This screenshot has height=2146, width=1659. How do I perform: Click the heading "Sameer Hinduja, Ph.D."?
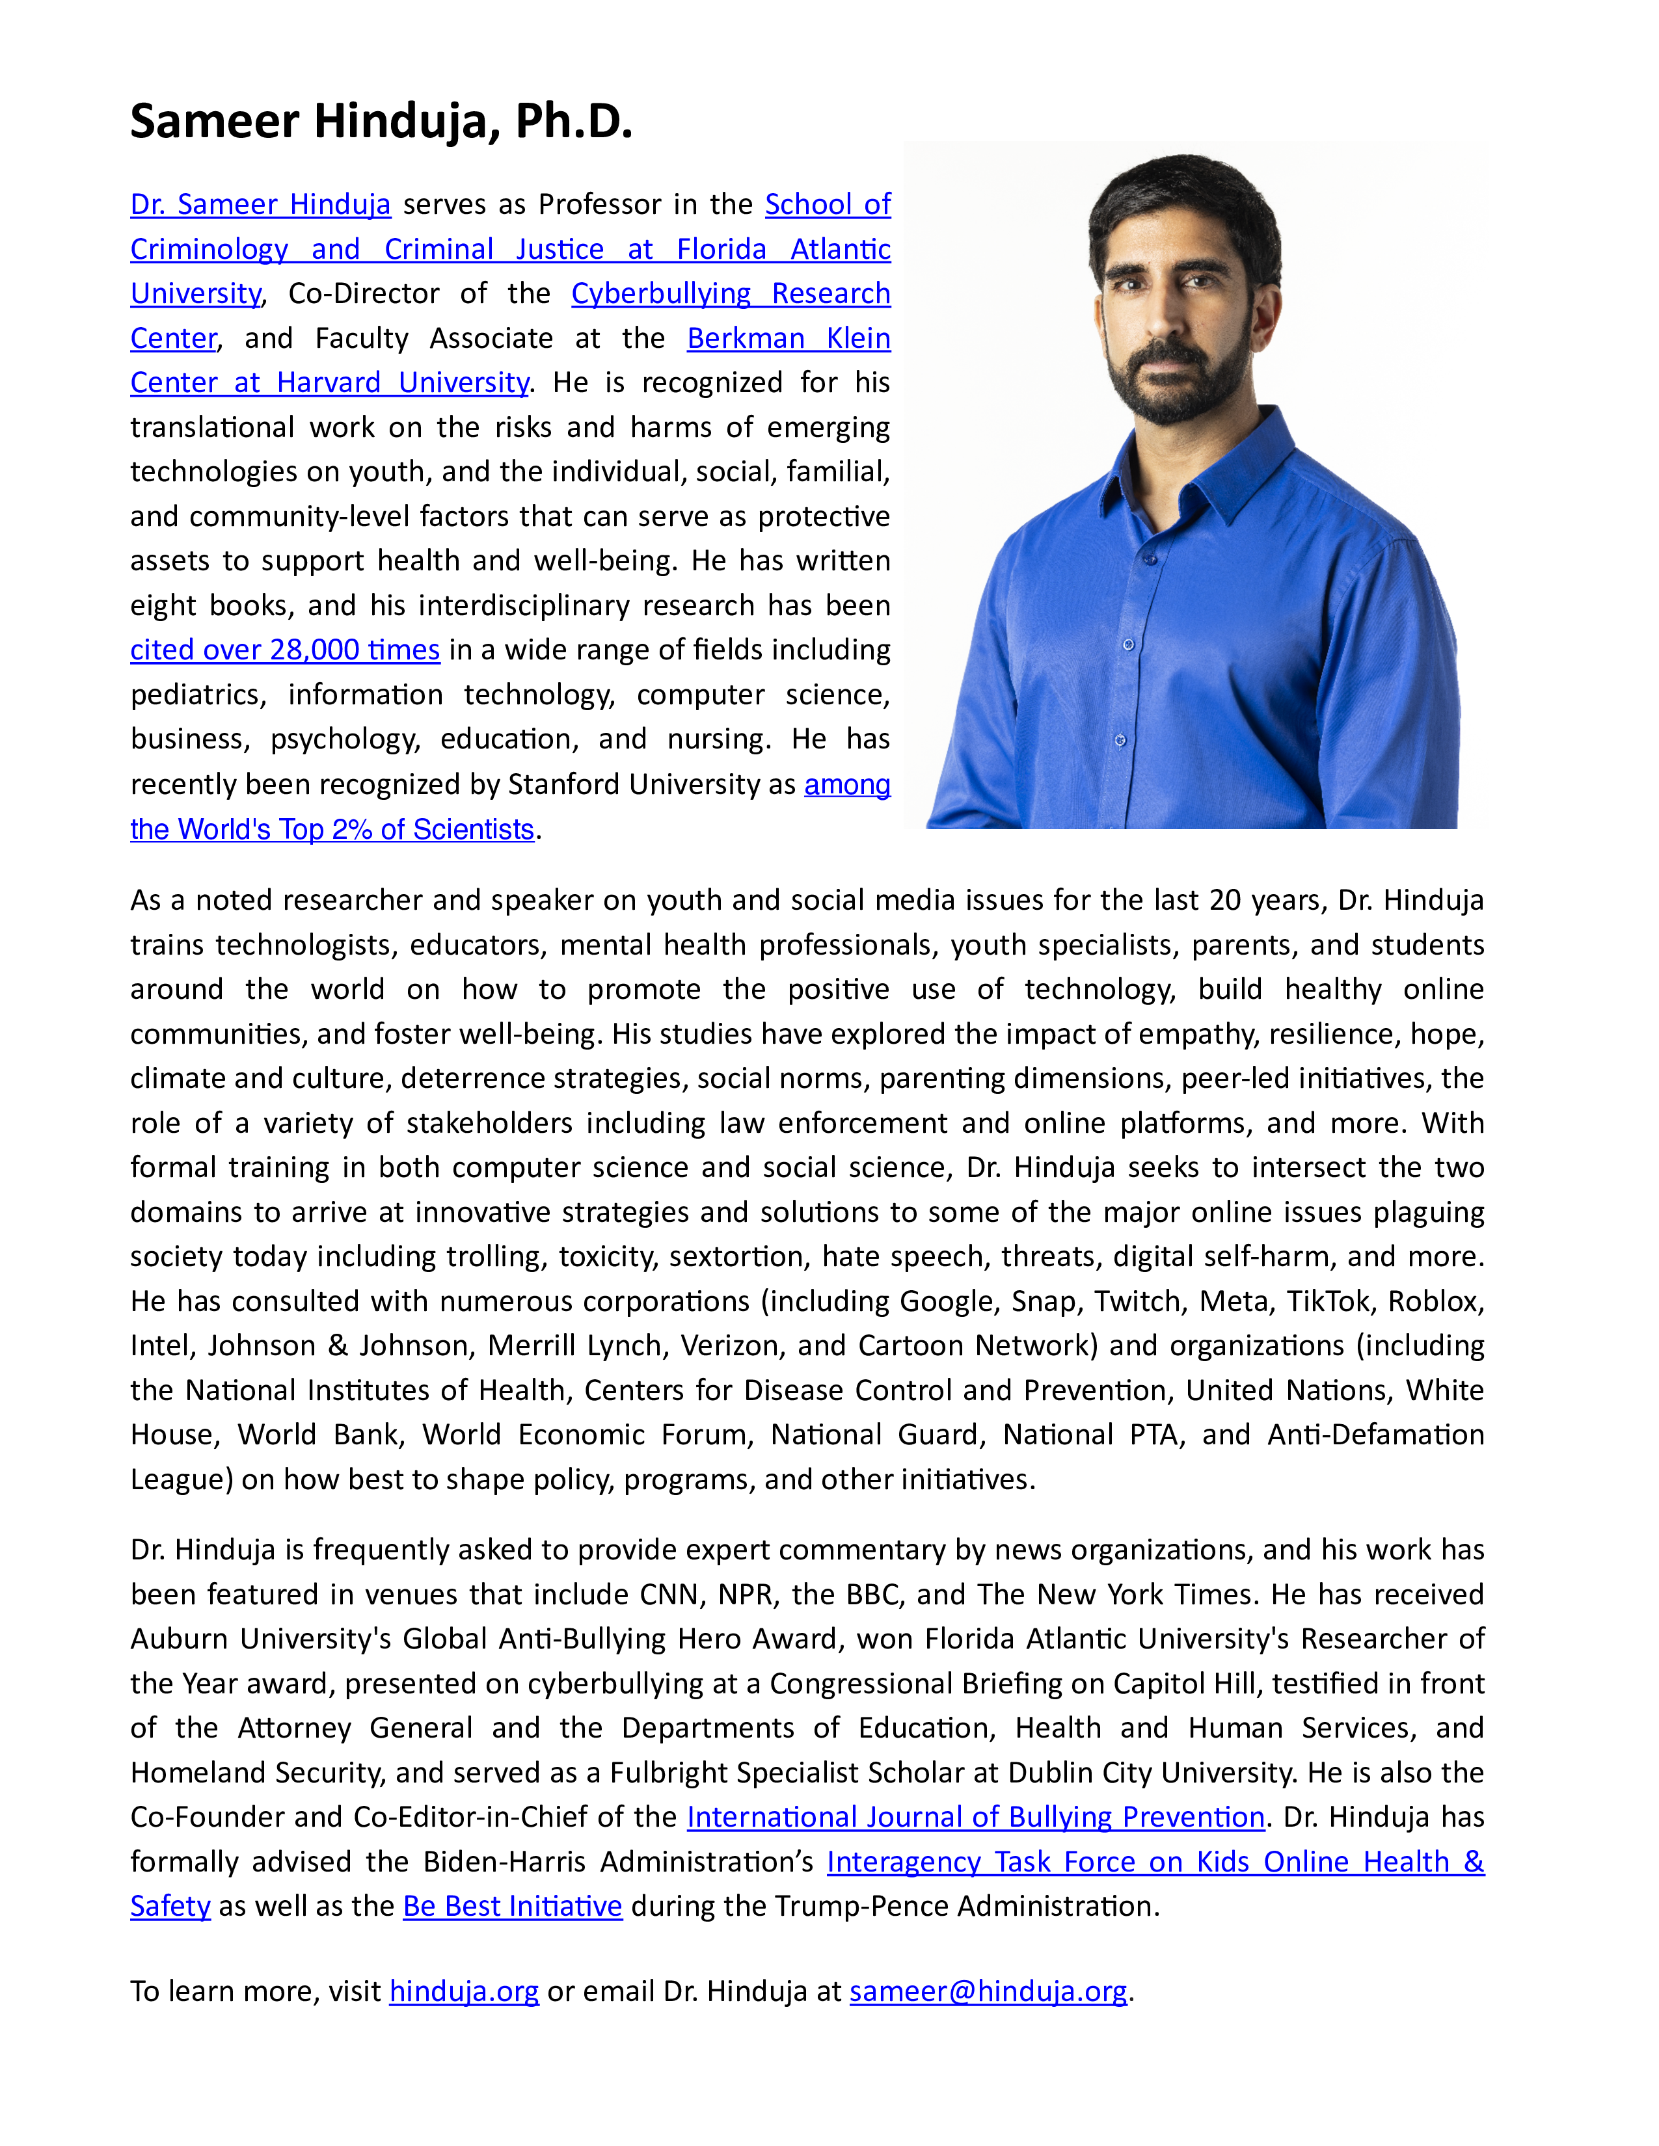point(381,122)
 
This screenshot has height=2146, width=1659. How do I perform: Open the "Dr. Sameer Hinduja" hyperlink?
point(260,204)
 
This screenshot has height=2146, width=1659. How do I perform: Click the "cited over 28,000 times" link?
point(285,650)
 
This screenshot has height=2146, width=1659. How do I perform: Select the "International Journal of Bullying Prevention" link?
point(975,1817)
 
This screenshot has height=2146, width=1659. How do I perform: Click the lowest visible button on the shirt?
point(1120,740)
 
